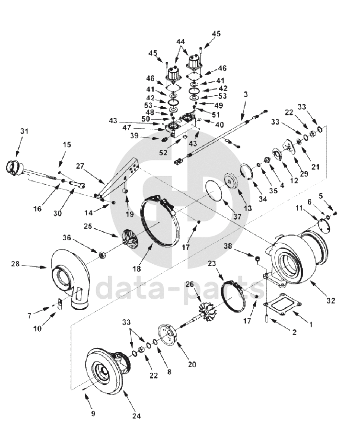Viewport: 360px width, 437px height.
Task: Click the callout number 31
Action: [x=24, y=131]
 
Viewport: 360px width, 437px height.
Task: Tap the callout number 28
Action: [x=15, y=263]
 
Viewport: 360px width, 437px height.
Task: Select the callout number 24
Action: [x=136, y=416]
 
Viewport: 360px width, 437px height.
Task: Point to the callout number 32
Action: [x=331, y=301]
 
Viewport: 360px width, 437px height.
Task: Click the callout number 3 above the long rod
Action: [x=246, y=94]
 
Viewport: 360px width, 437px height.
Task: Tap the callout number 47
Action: [x=127, y=128]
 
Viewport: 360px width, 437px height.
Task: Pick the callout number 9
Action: [x=93, y=413]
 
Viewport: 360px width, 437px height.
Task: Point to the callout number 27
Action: [x=80, y=167]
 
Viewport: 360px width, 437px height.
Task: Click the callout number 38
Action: [x=228, y=246]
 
